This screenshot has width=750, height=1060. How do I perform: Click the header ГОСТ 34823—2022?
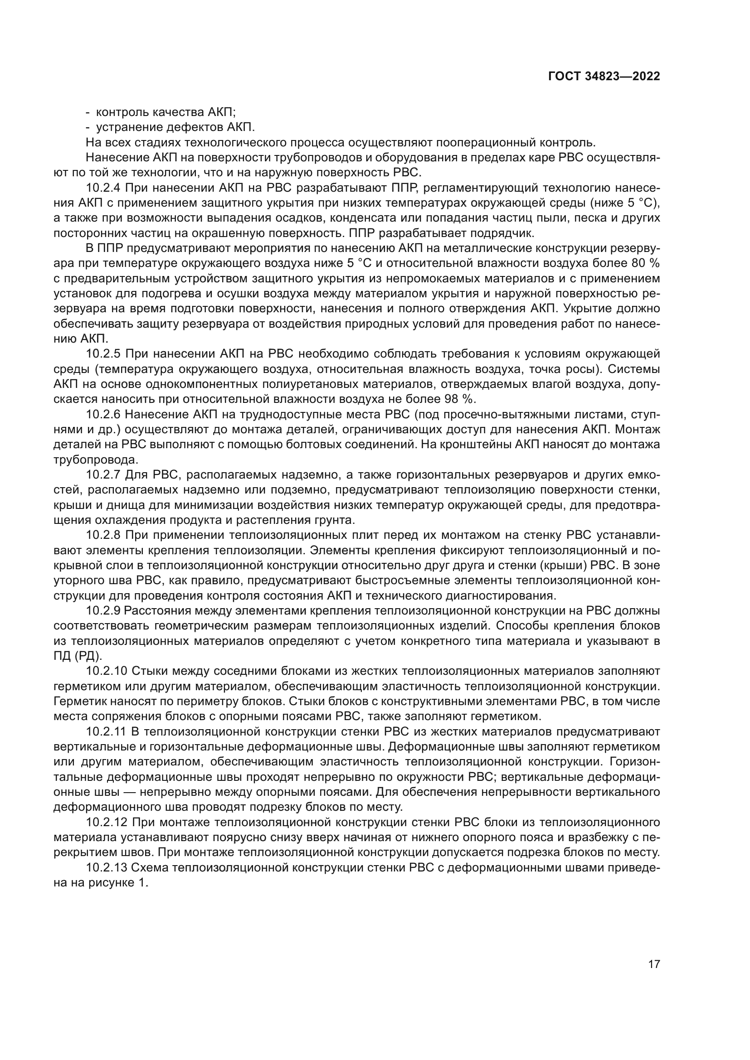(604, 77)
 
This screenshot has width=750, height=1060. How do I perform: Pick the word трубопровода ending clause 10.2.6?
(96, 460)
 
